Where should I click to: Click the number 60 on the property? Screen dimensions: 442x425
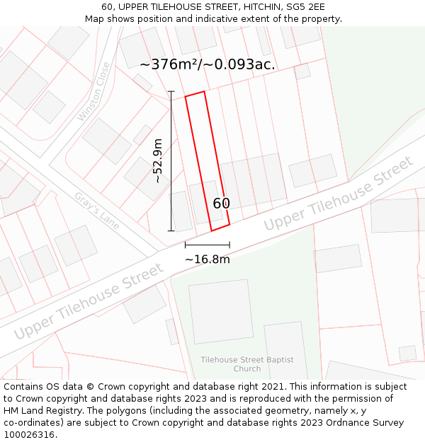221,204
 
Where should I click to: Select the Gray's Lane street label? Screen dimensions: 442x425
97,210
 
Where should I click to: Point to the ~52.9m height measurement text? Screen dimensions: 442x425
158,161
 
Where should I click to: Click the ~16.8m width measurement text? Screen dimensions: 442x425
208,260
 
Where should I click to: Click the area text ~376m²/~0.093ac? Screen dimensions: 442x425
207,64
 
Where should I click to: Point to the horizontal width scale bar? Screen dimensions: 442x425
208,245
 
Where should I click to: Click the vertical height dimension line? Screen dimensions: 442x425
171,161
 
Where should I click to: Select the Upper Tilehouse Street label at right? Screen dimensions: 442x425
338,194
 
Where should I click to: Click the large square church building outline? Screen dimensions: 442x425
221,311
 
